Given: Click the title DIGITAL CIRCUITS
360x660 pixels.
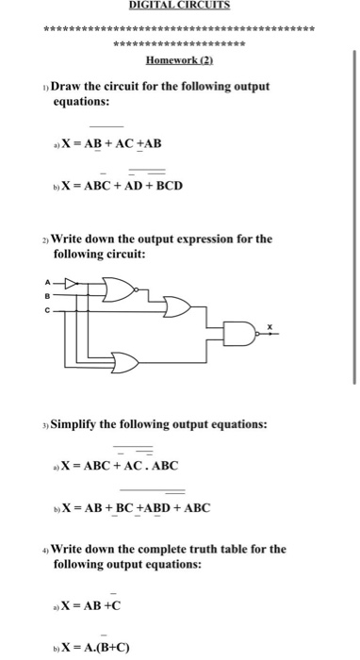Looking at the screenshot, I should coord(179,5).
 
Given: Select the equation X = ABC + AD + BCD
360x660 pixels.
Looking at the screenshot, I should coord(122,185).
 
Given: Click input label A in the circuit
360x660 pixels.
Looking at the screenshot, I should coord(43,279).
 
